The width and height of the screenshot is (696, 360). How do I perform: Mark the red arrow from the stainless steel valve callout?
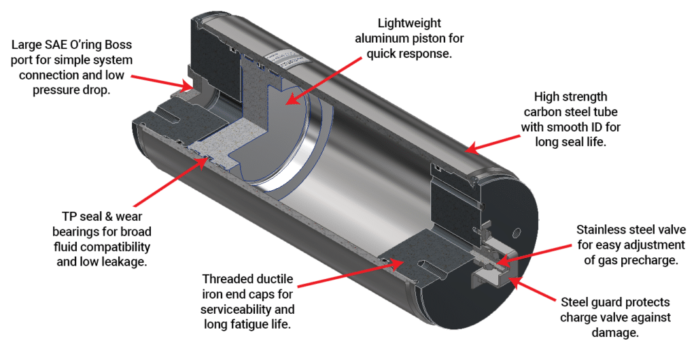537,252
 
